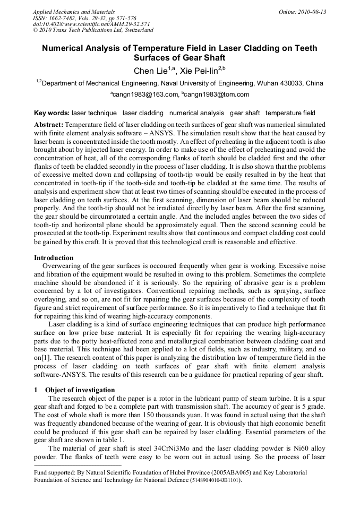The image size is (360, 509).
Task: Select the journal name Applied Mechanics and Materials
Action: pyautogui.click(x=74, y=12)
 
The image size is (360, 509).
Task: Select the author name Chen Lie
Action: pyautogui.click(x=151, y=71)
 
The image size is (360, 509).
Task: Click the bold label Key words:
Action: pyautogui.click(x=52, y=113)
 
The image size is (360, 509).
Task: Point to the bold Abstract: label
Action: pyautogui.click(x=49, y=123)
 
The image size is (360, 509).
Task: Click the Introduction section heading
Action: pyautogui.click(x=54, y=258)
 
